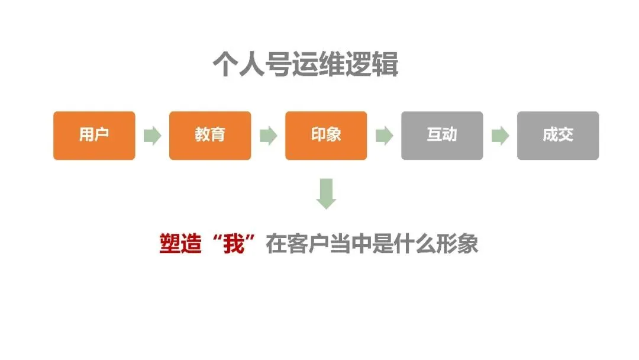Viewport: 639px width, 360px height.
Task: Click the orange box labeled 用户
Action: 94,136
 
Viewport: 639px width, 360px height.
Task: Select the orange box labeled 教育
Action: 210,136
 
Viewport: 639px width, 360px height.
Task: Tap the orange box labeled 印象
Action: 326,136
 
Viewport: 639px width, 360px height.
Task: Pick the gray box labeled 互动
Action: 442,136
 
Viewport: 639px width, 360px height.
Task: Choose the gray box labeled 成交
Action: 558,136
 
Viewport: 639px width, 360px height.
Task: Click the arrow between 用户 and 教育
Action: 152,136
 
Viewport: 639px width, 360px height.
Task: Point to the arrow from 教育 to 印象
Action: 268,136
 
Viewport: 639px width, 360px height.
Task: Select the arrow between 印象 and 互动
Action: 384,136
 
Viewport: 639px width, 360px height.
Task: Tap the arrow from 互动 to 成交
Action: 500,136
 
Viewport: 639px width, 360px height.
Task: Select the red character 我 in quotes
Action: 233,244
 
